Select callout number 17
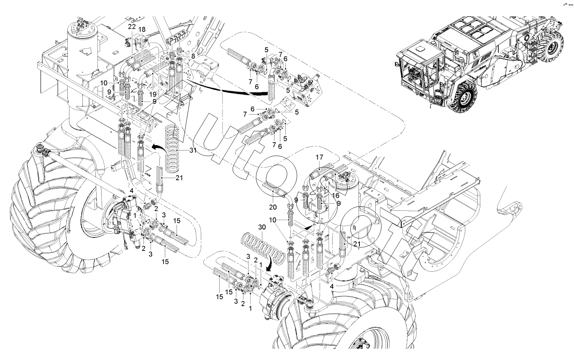(x=320, y=158)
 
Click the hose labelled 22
(x=133, y=64)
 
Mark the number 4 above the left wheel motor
(x=131, y=191)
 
